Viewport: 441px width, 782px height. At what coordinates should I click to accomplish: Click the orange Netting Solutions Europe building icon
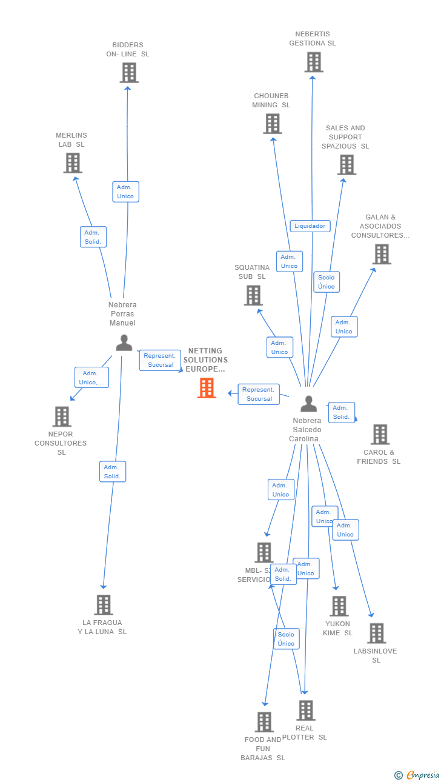207,388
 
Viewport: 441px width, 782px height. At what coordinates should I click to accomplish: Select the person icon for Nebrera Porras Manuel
124,343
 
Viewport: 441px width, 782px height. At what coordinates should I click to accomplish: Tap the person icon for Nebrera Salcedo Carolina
309,404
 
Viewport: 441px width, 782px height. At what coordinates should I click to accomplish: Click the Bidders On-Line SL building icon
128,73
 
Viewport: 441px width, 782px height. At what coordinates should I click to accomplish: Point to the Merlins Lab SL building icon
73,163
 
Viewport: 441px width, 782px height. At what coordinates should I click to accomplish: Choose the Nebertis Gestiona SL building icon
314,62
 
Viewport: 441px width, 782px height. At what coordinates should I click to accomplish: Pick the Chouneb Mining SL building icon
273,124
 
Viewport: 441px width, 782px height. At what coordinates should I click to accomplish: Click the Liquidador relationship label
310,226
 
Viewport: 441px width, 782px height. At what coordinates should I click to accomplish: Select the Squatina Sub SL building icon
253,295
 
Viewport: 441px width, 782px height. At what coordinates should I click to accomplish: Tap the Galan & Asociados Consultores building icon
382,254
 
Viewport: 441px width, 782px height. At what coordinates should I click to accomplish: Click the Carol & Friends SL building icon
380,434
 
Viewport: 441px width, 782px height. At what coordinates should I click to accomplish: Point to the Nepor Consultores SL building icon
62,416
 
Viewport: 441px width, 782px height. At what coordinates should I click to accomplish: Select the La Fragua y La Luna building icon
104,604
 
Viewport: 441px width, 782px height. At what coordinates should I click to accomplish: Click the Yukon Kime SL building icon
339,606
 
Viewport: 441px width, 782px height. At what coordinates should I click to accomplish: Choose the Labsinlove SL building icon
376,633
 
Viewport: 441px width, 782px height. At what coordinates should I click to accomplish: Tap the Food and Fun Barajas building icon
264,721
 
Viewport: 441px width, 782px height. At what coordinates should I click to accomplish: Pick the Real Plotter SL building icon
306,710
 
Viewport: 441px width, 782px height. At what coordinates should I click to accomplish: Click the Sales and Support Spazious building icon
346,164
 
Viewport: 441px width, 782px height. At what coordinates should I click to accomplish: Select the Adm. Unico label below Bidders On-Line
125,192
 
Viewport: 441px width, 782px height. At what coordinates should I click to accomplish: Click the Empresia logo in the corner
417,775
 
